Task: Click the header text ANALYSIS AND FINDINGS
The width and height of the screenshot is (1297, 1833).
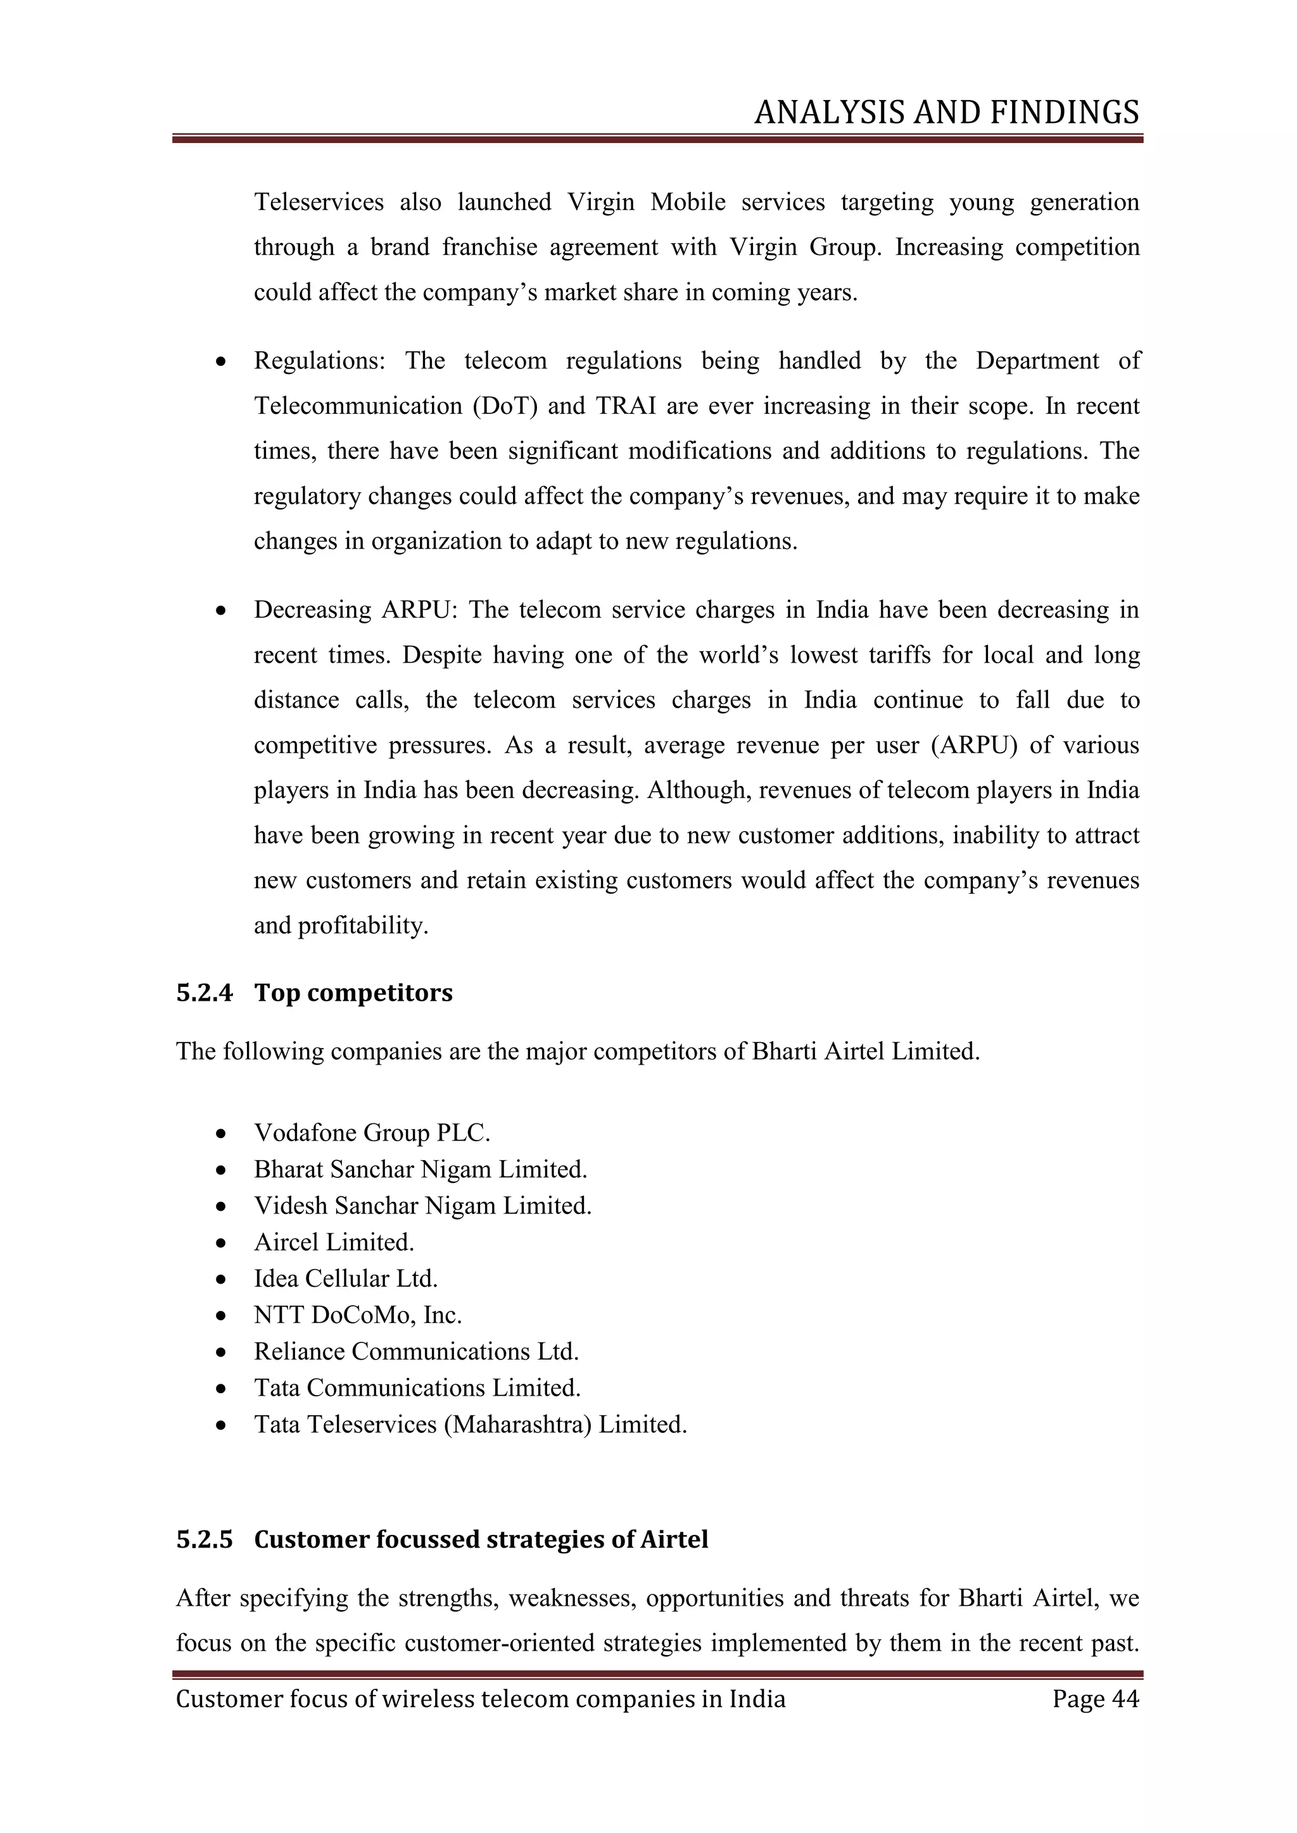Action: pyautogui.click(x=946, y=113)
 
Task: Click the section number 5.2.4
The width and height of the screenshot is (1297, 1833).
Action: pyautogui.click(x=205, y=992)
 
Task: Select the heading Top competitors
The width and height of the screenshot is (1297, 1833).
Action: pyautogui.click(x=353, y=992)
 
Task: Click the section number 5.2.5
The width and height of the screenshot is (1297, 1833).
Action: pyautogui.click(x=205, y=1539)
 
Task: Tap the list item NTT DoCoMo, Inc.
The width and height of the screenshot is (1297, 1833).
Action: pyautogui.click(x=358, y=1314)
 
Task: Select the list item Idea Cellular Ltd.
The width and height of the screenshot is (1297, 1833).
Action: pyautogui.click(x=346, y=1278)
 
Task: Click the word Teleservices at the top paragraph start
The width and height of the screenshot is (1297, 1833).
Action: pyautogui.click(x=319, y=202)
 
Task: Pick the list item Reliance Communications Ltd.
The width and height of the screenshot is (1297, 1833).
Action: pyautogui.click(x=416, y=1351)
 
